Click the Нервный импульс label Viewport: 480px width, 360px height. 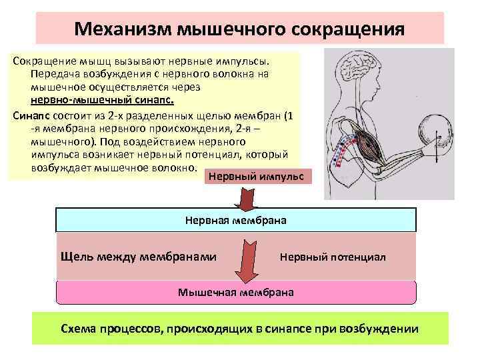tap(255, 177)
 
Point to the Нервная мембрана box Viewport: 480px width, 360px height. tap(235, 219)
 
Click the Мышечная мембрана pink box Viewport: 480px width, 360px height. tap(235, 292)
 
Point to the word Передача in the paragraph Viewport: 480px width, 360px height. tap(53, 74)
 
